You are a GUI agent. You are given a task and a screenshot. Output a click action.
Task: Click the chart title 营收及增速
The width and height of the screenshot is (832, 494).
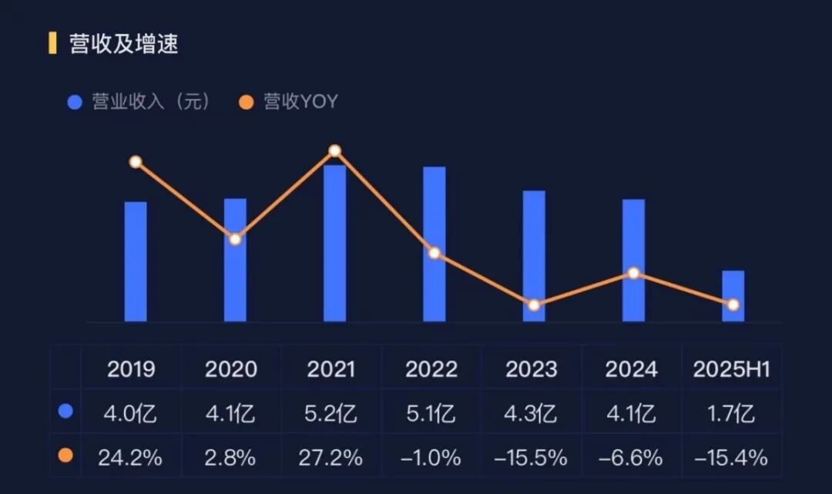[123, 44]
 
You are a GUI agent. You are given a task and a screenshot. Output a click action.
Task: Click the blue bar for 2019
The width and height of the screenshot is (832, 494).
[136, 262]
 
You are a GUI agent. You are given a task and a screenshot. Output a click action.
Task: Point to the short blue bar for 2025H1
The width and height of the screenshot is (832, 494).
[733, 296]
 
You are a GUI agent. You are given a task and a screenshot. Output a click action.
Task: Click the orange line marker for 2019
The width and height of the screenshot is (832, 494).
[136, 162]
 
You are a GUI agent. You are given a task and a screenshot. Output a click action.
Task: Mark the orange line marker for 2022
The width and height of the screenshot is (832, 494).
[434, 253]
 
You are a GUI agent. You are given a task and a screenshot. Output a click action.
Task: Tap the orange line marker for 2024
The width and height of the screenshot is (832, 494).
[633, 273]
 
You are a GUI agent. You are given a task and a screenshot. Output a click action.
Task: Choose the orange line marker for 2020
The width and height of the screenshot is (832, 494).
[235, 239]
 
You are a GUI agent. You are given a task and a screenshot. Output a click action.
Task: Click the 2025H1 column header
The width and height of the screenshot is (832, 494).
[732, 369]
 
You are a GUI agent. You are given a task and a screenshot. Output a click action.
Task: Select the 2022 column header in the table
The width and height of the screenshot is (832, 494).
[431, 369]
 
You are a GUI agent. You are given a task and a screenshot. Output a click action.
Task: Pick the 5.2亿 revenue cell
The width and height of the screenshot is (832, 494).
[332, 414]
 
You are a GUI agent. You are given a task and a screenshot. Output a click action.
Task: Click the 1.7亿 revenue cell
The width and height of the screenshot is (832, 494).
[732, 414]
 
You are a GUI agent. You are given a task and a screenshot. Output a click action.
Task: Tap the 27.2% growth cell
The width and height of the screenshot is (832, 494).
[332, 458]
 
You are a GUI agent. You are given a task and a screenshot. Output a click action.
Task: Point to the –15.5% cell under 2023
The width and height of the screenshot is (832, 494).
[532, 458]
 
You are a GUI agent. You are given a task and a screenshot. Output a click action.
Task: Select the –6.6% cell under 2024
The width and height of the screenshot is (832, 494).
[632, 458]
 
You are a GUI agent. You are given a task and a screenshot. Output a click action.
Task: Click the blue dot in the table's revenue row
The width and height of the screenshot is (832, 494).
[65, 412]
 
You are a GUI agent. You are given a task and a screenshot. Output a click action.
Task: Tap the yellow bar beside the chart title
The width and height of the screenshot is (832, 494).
[52, 43]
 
